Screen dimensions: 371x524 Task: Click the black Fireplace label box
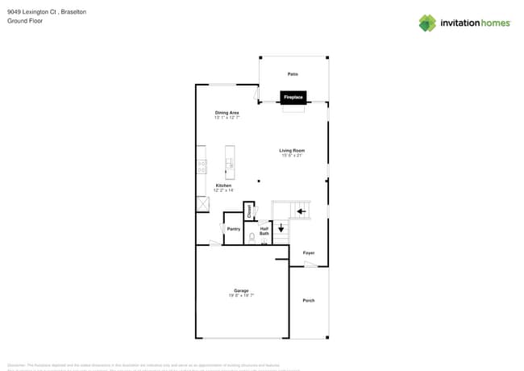(x=293, y=98)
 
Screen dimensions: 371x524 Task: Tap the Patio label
(x=293, y=74)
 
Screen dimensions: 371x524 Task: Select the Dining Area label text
(x=227, y=112)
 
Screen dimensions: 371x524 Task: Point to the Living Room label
(x=292, y=151)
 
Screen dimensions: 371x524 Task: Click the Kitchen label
(x=223, y=185)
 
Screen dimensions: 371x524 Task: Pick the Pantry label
(x=233, y=229)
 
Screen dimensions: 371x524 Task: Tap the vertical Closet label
(x=249, y=211)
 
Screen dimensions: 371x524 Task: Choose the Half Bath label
(x=264, y=231)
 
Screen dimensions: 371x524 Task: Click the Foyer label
(x=309, y=253)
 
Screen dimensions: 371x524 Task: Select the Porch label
(x=309, y=301)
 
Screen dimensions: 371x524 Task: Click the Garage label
(x=241, y=290)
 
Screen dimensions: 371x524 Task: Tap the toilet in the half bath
(x=252, y=238)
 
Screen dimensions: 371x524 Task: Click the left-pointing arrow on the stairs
(x=302, y=212)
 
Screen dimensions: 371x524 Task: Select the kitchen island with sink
(x=230, y=162)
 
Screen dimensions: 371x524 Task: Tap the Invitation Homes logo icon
(x=427, y=23)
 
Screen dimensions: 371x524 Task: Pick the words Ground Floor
(x=25, y=21)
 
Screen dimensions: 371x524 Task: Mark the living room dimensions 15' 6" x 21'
(x=292, y=156)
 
